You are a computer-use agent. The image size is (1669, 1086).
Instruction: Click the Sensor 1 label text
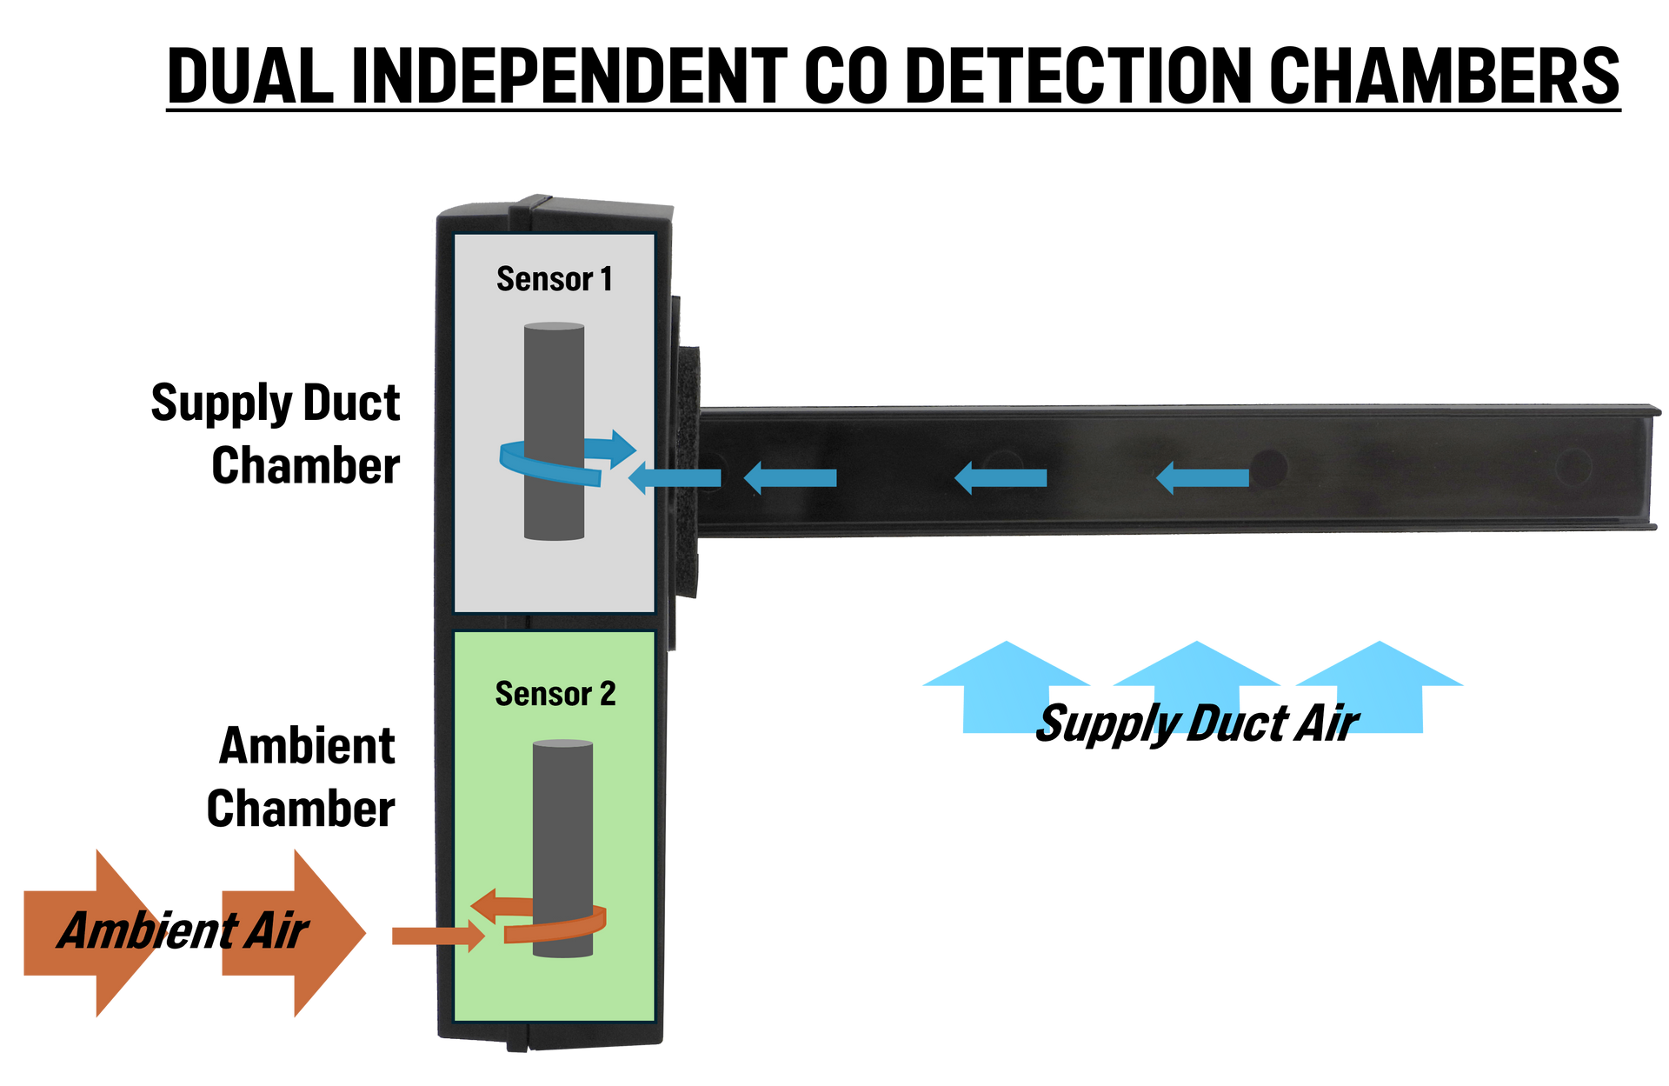tap(555, 279)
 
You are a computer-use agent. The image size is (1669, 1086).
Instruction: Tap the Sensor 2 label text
tap(555, 694)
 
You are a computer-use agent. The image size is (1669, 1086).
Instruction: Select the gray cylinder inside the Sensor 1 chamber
tap(554, 383)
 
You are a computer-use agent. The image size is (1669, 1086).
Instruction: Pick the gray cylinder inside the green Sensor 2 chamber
tap(562, 817)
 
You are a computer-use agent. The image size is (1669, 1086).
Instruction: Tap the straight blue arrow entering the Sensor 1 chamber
tap(675, 477)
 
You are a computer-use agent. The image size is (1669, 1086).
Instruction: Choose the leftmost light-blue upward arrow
tap(1006, 687)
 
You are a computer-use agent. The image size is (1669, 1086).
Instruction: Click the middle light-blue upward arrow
tap(1196, 687)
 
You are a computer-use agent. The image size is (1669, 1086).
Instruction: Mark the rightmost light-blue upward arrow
tap(1380, 687)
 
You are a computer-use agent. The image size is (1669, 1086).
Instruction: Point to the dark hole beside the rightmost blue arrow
tap(1269, 467)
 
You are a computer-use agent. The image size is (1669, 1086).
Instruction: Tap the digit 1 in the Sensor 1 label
tap(606, 279)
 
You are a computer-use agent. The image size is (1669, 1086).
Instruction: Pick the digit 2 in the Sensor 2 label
tap(608, 694)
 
